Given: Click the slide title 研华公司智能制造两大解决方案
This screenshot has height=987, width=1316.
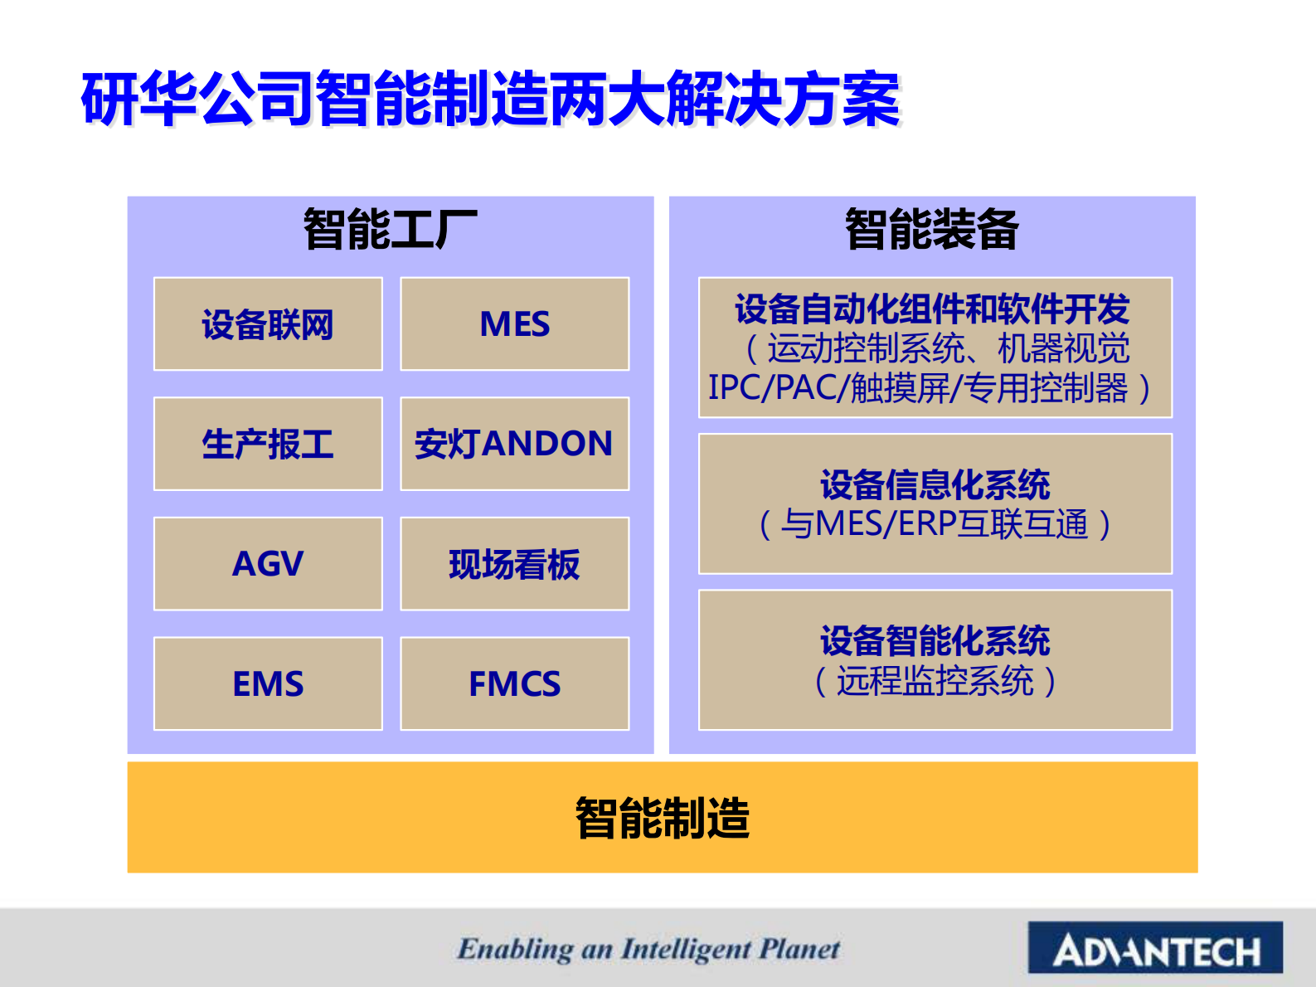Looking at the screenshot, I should [x=490, y=100].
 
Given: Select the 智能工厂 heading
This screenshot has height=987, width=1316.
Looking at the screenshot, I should [x=390, y=230].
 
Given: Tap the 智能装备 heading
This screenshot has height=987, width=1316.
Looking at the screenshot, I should [x=931, y=230].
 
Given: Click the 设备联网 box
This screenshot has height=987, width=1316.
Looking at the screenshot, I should [x=268, y=324].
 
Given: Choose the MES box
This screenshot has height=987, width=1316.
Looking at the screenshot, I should [x=514, y=324].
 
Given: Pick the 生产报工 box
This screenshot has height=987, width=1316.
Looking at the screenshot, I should [x=268, y=444].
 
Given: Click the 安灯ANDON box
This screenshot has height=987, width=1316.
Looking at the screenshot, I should [x=514, y=444].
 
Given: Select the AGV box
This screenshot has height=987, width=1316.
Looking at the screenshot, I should [x=268, y=564].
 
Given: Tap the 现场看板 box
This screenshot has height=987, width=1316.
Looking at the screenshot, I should [x=514, y=564].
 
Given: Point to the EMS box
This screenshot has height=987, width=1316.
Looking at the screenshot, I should [x=268, y=684].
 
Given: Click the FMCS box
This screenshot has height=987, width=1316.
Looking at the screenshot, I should [x=514, y=684].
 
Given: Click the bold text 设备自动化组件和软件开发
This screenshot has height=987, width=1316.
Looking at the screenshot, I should [x=932, y=309].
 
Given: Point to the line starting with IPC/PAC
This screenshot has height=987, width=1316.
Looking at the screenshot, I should [x=929, y=388].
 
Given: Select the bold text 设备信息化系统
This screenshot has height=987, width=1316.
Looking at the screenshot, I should [x=935, y=485].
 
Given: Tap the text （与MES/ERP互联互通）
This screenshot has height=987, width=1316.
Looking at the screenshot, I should [x=935, y=524].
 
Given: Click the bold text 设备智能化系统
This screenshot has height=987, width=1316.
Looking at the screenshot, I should [x=935, y=641].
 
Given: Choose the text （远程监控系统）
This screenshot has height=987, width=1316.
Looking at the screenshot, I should [x=935, y=681].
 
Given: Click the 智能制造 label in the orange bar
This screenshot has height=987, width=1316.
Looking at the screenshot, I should [x=662, y=818].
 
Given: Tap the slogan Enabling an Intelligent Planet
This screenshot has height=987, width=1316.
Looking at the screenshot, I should [x=648, y=949].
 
